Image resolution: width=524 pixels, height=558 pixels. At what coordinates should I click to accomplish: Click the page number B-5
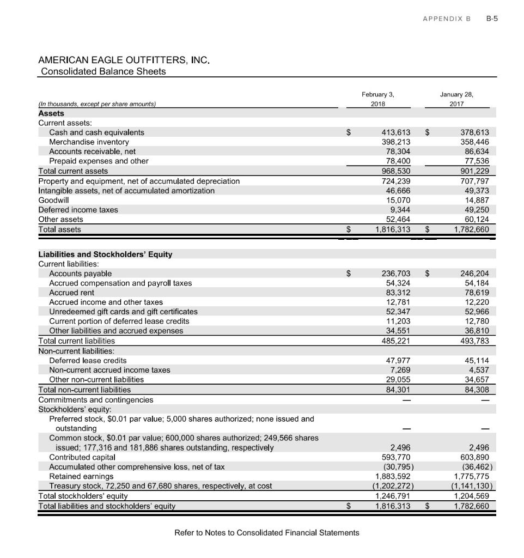pyautogui.click(x=492, y=18)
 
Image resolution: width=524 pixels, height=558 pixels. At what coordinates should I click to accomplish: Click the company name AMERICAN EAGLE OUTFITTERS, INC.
pyautogui.click(x=124, y=60)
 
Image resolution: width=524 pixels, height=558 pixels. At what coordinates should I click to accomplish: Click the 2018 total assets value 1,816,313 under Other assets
pyautogui.click(x=392, y=229)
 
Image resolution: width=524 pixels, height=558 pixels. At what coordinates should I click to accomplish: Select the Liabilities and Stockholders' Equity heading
pyautogui.click(x=105, y=254)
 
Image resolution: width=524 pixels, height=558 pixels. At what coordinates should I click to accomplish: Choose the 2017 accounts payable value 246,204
pyautogui.click(x=474, y=274)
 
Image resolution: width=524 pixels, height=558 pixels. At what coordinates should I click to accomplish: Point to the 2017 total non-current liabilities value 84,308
pyautogui.click(x=475, y=390)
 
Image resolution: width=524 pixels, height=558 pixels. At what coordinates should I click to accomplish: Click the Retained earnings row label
pyautogui.click(x=81, y=476)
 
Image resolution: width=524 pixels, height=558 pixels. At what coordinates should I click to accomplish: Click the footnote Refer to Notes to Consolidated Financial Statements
pyautogui.click(x=266, y=532)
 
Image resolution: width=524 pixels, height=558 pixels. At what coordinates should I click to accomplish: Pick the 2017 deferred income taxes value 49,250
pyautogui.click(x=476, y=210)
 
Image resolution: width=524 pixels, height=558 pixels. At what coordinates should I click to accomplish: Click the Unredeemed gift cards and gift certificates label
pyautogui.click(x=123, y=312)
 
